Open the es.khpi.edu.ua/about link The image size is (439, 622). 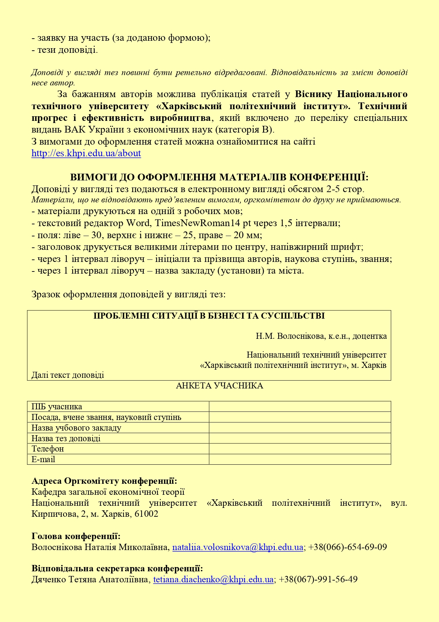point(86,153)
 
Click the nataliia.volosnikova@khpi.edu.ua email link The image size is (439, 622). point(238,547)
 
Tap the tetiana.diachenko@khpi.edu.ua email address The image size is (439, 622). point(213,579)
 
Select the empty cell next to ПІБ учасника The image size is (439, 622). point(300,407)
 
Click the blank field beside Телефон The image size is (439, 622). point(300,449)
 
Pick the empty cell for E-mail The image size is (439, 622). point(300,459)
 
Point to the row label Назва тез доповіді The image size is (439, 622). point(66,438)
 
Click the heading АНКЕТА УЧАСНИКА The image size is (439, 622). point(219,386)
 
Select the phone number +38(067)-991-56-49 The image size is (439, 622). point(318,579)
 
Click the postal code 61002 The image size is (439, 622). point(146,514)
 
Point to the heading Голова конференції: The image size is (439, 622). point(76,536)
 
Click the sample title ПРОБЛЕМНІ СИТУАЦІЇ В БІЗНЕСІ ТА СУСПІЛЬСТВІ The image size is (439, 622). point(209,316)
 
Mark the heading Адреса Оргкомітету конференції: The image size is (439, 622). point(104,481)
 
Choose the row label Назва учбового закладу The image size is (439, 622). point(76,428)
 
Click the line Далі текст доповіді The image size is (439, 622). point(68,375)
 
